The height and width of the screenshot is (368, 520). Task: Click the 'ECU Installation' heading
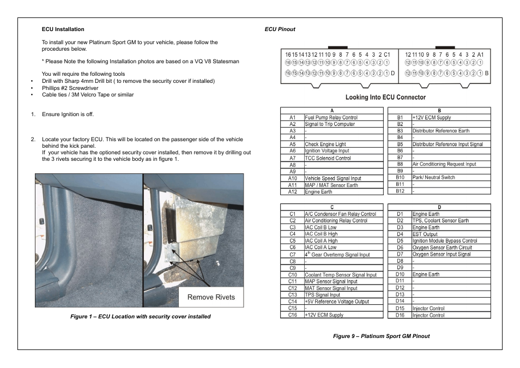point(63,29)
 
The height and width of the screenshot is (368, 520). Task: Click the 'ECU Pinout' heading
point(280,29)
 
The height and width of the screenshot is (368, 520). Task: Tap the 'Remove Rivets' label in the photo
point(211,297)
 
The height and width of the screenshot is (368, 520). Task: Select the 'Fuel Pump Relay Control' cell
point(331,117)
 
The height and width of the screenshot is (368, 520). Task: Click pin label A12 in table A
point(293,192)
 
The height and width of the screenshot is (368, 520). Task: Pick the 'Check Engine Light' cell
point(325,144)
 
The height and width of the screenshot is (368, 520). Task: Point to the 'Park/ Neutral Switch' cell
point(433,177)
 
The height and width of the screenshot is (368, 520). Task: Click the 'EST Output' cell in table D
point(425,234)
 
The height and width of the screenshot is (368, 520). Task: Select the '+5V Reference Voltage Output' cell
point(337,301)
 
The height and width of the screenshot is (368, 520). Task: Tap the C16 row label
point(293,315)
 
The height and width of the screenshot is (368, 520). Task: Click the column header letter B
point(439,111)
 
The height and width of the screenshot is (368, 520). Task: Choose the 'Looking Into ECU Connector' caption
point(385,98)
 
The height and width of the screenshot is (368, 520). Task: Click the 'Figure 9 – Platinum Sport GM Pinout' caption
point(382,336)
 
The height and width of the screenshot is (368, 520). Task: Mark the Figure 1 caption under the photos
point(140,316)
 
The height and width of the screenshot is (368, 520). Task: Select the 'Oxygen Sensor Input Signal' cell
point(442,254)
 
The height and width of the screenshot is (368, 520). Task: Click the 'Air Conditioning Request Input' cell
point(444,164)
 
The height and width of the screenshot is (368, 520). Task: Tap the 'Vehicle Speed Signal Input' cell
point(332,178)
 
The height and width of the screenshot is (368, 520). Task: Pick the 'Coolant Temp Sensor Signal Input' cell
point(341,275)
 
